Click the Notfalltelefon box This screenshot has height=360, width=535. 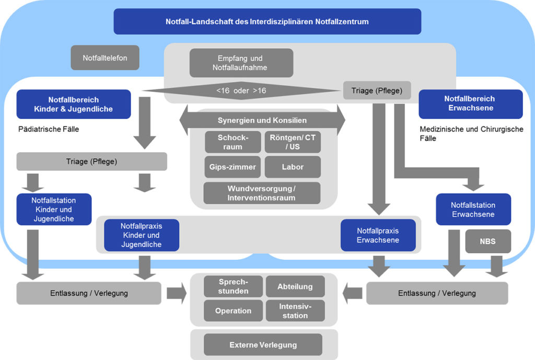click(x=105, y=58)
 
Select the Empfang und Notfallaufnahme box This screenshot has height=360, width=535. click(x=241, y=63)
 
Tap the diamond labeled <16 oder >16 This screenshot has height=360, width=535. click(x=241, y=91)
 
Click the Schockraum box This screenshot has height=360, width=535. click(x=233, y=142)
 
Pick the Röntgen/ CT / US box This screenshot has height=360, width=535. click(x=292, y=142)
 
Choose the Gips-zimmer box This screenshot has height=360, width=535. click(x=233, y=167)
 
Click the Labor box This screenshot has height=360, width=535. click(x=292, y=167)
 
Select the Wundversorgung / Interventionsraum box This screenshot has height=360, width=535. click(x=261, y=193)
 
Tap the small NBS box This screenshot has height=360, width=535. click(x=487, y=241)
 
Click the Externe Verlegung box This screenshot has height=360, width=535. click(x=263, y=345)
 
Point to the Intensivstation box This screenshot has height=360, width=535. click(x=295, y=310)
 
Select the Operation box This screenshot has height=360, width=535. click(x=233, y=310)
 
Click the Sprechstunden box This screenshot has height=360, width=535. click(x=233, y=286)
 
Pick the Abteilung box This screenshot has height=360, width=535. click(x=295, y=286)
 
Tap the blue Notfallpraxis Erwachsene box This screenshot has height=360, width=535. click(x=378, y=235)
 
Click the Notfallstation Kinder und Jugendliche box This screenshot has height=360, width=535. click(x=54, y=210)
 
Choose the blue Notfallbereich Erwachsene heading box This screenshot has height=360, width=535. click(x=470, y=104)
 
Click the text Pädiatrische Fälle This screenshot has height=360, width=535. click(x=48, y=129)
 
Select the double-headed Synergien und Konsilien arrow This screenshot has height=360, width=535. click(x=262, y=121)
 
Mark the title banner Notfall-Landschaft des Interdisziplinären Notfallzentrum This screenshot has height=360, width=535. click(x=267, y=21)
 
